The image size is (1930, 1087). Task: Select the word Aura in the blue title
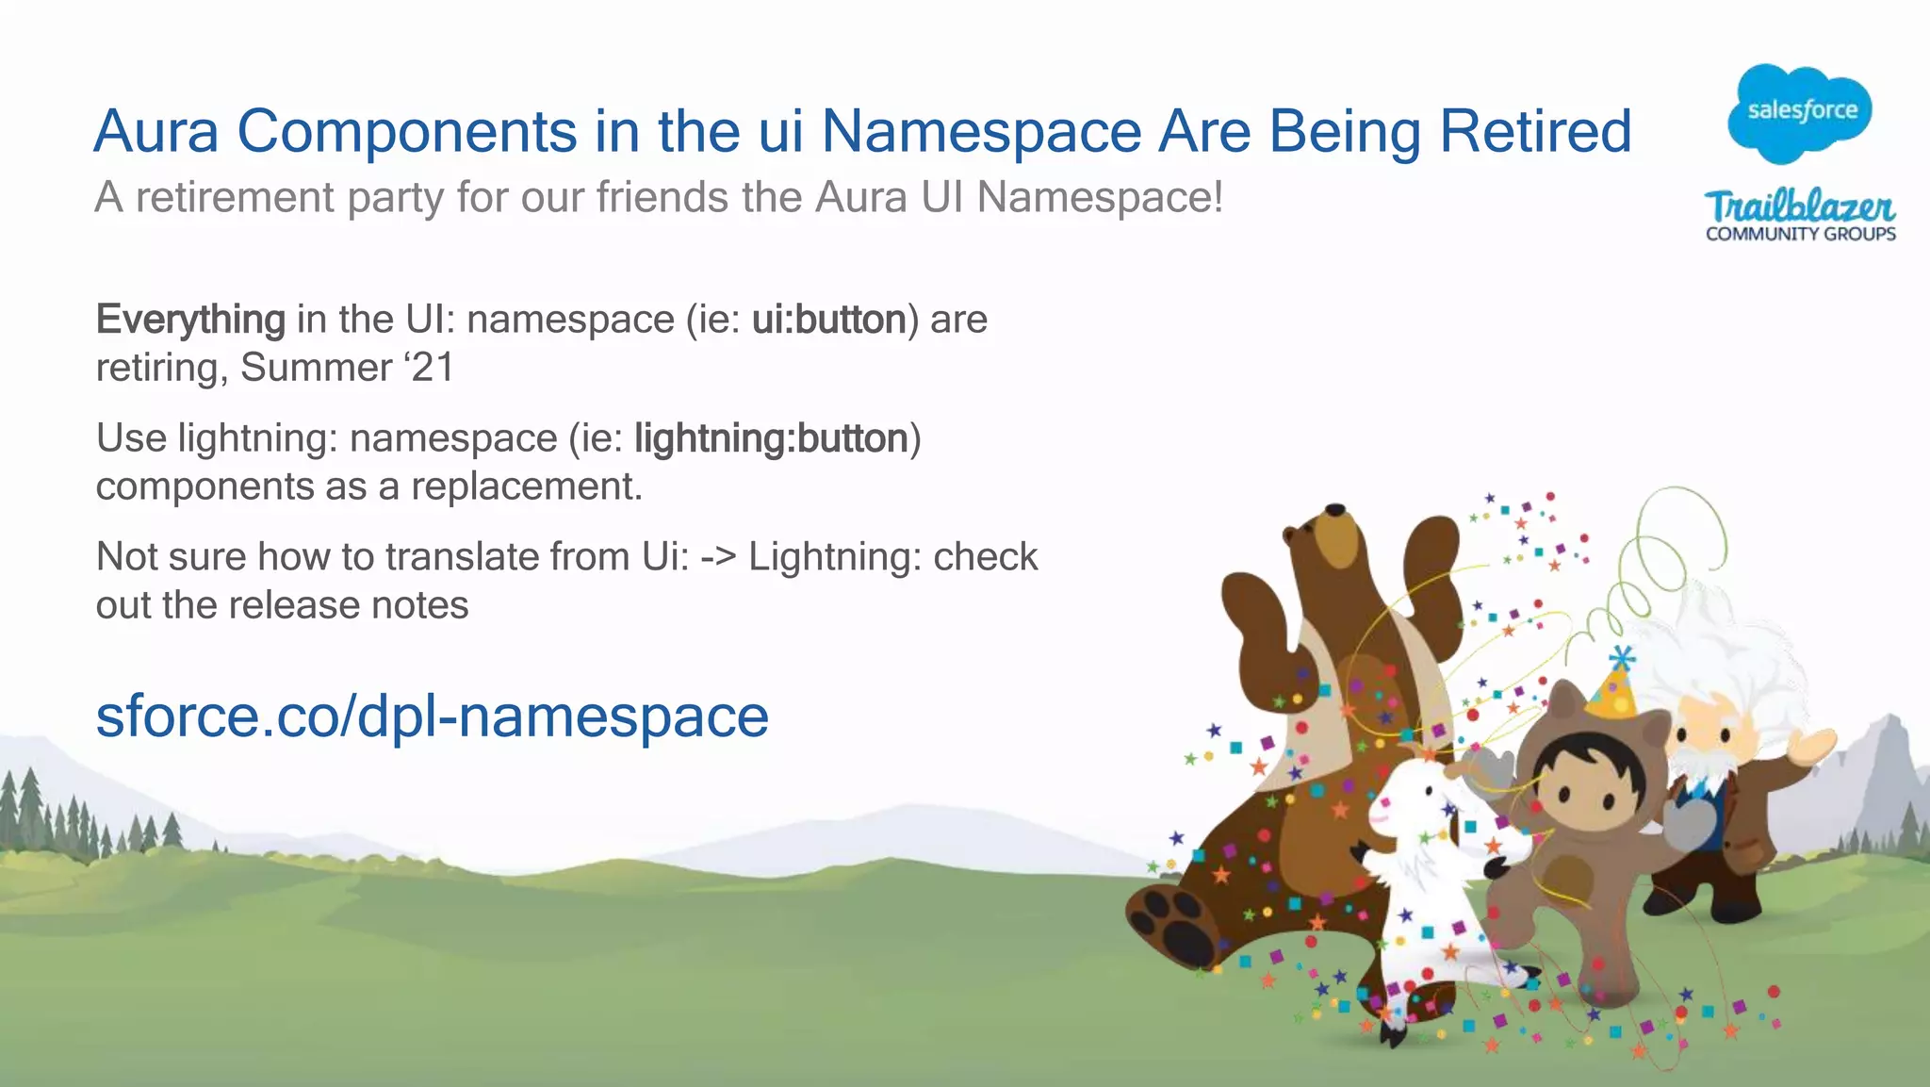point(156,131)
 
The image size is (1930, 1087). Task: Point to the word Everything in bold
point(190,320)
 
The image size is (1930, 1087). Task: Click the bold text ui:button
point(828,320)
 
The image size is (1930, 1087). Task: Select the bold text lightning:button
point(771,438)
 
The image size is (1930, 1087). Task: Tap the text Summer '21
point(347,368)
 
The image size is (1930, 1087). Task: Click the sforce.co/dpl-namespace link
point(433,716)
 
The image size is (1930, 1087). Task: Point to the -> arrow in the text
point(718,557)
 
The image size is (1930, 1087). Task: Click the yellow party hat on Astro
point(1613,688)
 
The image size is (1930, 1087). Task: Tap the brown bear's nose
point(1334,510)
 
